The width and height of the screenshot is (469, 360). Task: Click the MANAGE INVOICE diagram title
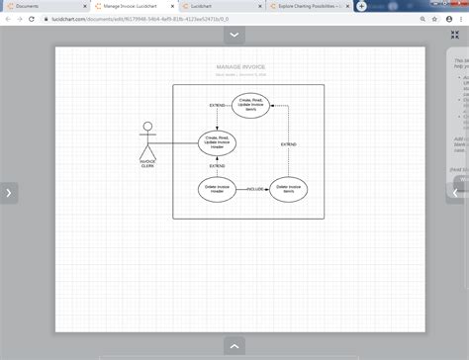pyautogui.click(x=240, y=67)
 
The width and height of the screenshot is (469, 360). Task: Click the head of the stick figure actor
pyautogui.click(x=147, y=126)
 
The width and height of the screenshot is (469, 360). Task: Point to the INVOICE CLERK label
pyautogui.click(x=147, y=162)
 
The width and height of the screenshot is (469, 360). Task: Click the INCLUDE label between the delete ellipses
pyautogui.click(x=254, y=187)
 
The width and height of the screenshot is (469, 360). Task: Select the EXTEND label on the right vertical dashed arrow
pyautogui.click(x=288, y=144)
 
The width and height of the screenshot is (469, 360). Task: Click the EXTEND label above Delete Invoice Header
pyautogui.click(x=217, y=165)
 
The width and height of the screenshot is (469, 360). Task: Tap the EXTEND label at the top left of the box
pyautogui.click(x=217, y=105)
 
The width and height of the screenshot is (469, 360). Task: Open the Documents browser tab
pyautogui.click(x=40, y=6)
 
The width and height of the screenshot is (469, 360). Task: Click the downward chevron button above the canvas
pyautogui.click(x=234, y=35)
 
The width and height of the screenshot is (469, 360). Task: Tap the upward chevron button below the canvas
pyautogui.click(x=234, y=345)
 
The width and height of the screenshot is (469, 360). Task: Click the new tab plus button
pyautogui.click(x=362, y=6)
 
